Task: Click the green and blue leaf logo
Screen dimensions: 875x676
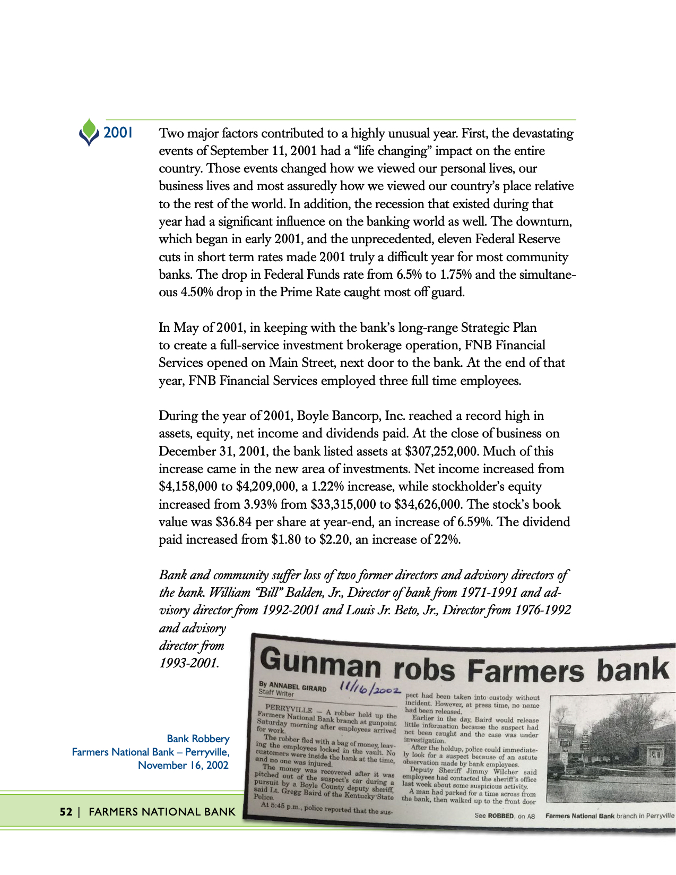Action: point(89,132)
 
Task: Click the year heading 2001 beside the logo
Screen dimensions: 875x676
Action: point(118,133)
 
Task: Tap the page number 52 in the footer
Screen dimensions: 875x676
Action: point(65,811)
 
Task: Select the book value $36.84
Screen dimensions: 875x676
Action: point(233,522)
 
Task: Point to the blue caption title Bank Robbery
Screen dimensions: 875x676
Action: point(198,739)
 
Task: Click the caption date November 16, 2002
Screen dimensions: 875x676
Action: point(183,765)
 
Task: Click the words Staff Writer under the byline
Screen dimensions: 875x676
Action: point(276,693)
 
